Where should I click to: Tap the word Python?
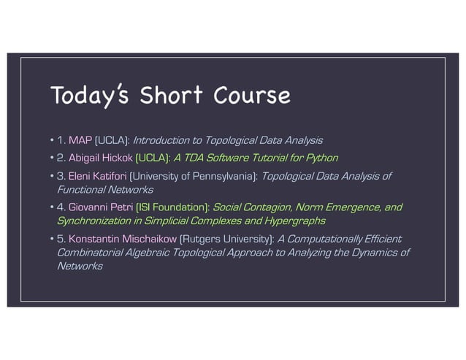(x=322, y=157)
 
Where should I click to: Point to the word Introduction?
(x=161, y=139)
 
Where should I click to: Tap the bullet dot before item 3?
(x=51, y=177)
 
